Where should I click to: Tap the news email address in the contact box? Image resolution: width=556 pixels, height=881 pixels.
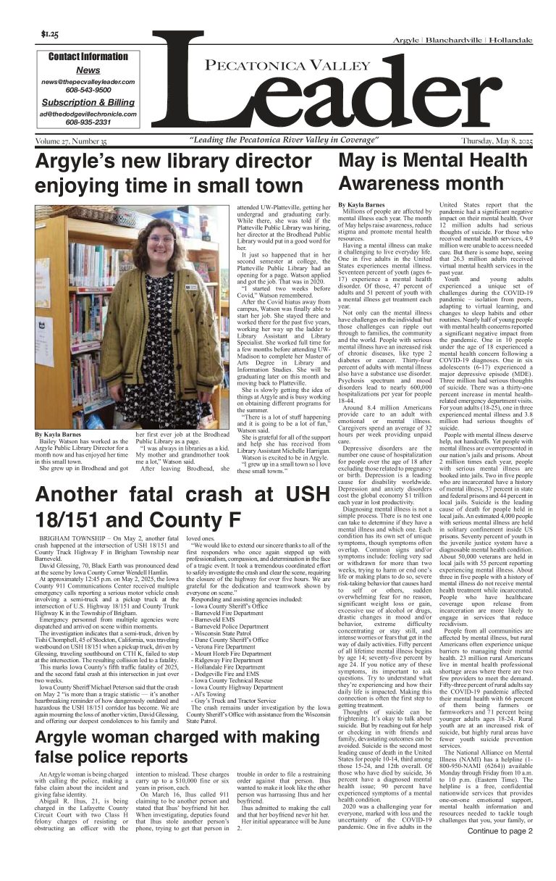(x=88, y=83)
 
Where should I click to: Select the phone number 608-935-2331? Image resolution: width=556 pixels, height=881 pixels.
(x=88, y=122)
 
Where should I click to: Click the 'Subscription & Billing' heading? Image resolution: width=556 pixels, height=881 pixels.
(x=88, y=102)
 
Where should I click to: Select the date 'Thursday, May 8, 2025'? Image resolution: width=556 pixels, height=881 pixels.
(x=496, y=140)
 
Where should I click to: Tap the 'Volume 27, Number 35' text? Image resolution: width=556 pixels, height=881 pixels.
(x=71, y=140)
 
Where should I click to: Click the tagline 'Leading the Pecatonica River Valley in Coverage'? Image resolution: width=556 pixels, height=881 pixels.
(x=283, y=140)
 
